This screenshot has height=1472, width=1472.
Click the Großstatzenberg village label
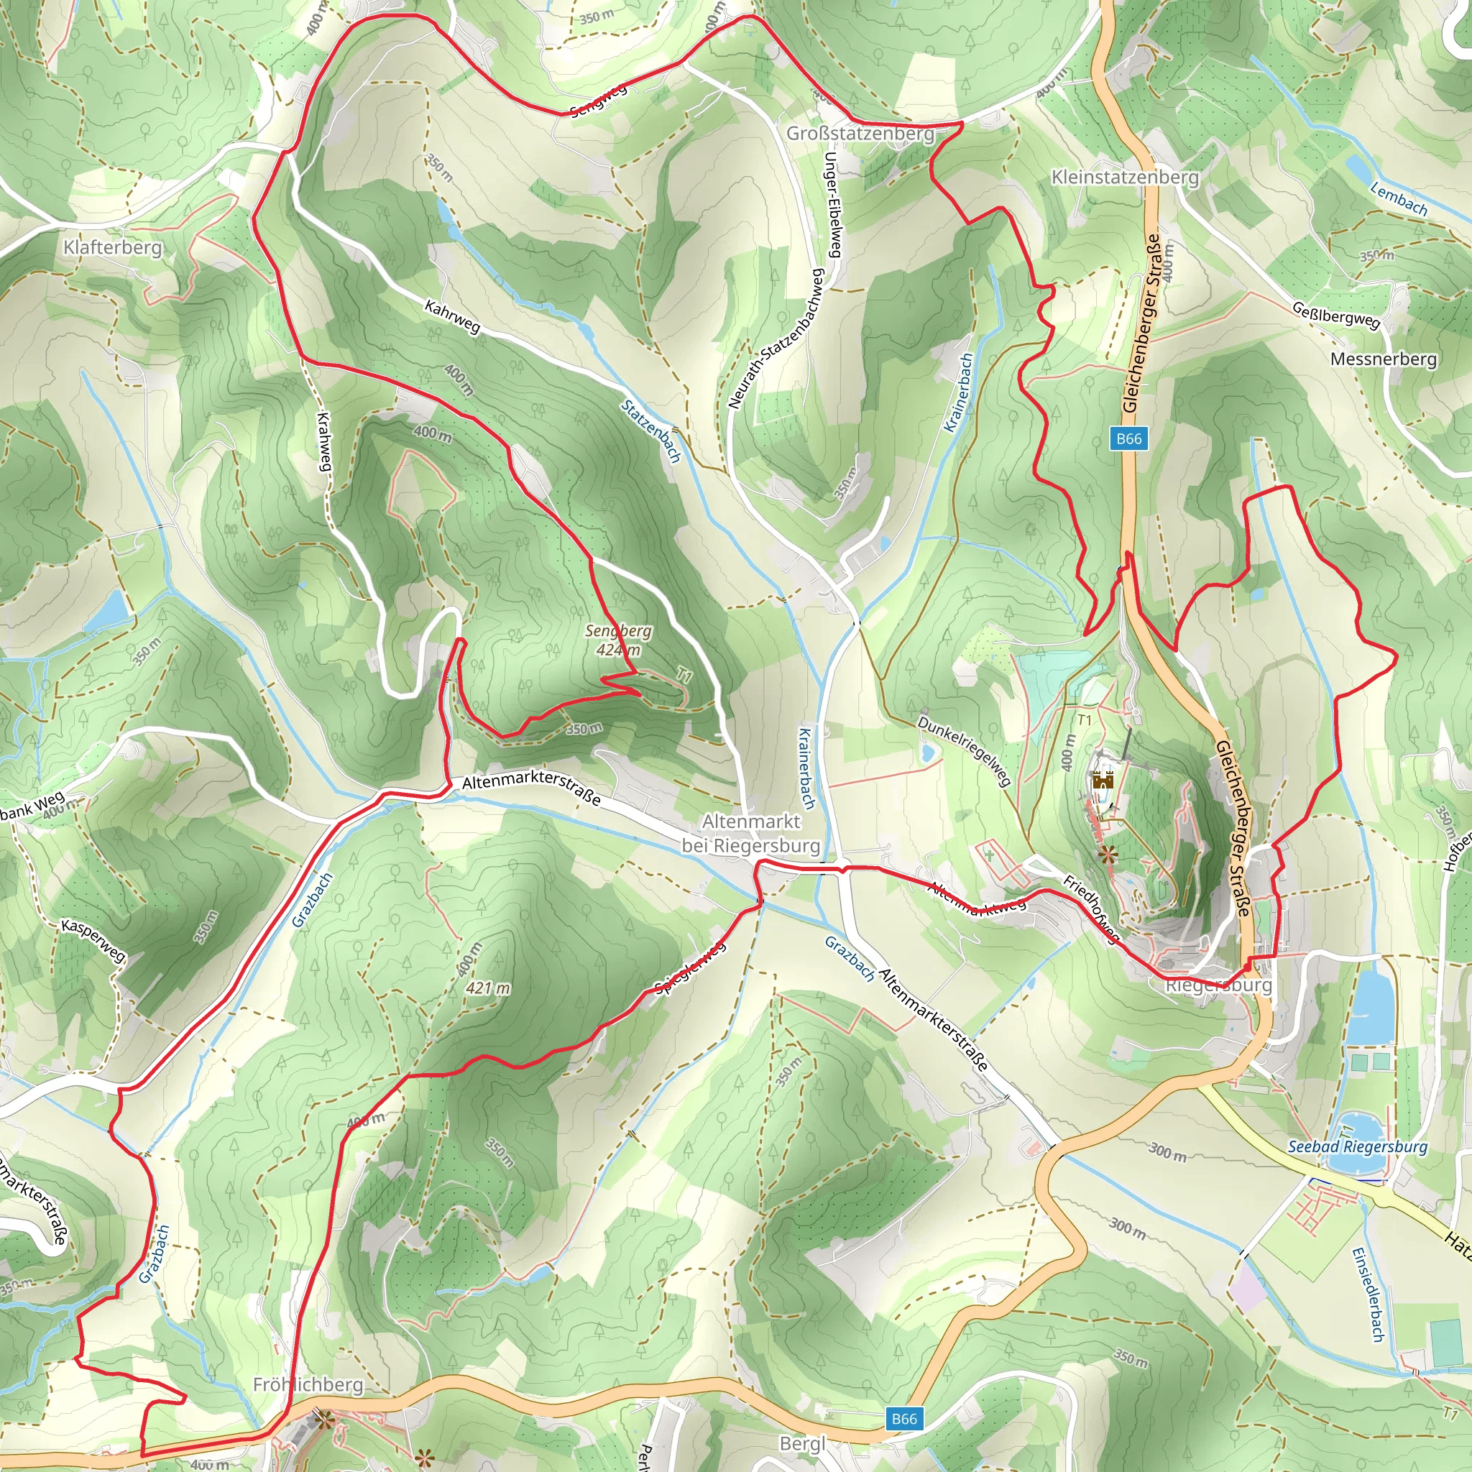coord(860,134)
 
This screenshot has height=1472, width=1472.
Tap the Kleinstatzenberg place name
coord(1125,177)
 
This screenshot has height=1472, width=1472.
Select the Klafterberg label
coord(113,247)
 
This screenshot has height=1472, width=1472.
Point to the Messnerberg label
coord(1384,359)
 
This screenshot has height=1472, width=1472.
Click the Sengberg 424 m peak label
coord(618,640)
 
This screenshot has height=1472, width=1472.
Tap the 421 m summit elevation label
coord(488,988)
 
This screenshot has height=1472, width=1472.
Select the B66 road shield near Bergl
coord(903,1419)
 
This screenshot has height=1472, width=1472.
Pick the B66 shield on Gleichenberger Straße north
coord(1129,438)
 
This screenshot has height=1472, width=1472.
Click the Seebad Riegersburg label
coord(1358,1146)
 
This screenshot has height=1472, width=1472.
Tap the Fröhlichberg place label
coord(308,1384)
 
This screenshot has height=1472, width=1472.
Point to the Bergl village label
coord(802,1444)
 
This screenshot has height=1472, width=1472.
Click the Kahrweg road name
coord(453,317)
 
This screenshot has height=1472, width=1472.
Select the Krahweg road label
coord(324,442)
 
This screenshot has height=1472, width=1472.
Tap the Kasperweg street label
coord(93,941)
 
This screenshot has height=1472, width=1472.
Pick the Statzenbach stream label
coord(650,431)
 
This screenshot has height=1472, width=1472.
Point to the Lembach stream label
coord(1399,199)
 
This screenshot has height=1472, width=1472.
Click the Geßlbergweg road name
coord(1336,315)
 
